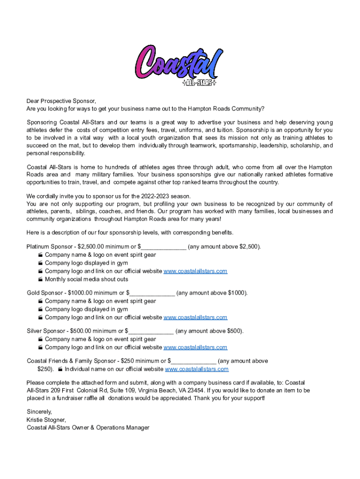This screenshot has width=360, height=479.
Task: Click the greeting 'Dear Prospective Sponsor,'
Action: click(61, 101)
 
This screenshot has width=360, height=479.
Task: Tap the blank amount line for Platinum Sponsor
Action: click(164, 247)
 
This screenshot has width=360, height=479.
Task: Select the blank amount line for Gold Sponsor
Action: click(152, 293)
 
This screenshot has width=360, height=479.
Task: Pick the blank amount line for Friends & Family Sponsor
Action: click(194, 361)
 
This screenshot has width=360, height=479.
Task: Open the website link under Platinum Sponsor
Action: click(195, 271)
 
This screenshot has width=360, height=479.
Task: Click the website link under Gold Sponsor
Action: click(195, 318)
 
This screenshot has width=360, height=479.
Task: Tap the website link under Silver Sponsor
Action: click(195, 348)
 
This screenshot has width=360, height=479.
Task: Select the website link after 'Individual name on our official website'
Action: click(197, 369)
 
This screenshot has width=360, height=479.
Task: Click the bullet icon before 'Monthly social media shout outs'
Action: click(41, 280)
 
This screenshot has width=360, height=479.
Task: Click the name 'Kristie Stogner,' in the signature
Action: click(46, 420)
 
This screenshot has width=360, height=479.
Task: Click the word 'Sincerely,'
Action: click(39, 412)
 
